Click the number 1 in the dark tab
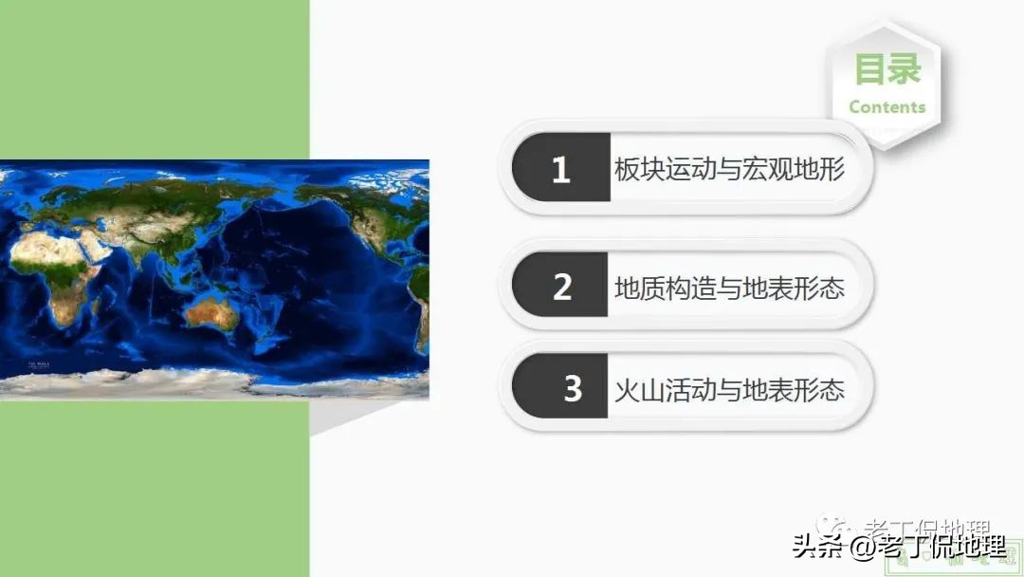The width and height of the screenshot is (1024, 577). tap(560, 170)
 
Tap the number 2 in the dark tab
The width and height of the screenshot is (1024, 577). tap(562, 287)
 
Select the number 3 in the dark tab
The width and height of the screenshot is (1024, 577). tap(573, 388)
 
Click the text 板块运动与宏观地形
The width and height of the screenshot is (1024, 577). tap(728, 170)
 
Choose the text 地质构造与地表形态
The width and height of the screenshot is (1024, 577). tap(728, 287)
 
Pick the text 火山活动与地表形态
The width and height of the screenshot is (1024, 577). tap(728, 389)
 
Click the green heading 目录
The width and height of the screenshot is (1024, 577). tap(887, 69)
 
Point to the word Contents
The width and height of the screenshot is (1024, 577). tap(887, 107)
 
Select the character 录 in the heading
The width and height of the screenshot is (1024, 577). tap(905, 69)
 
